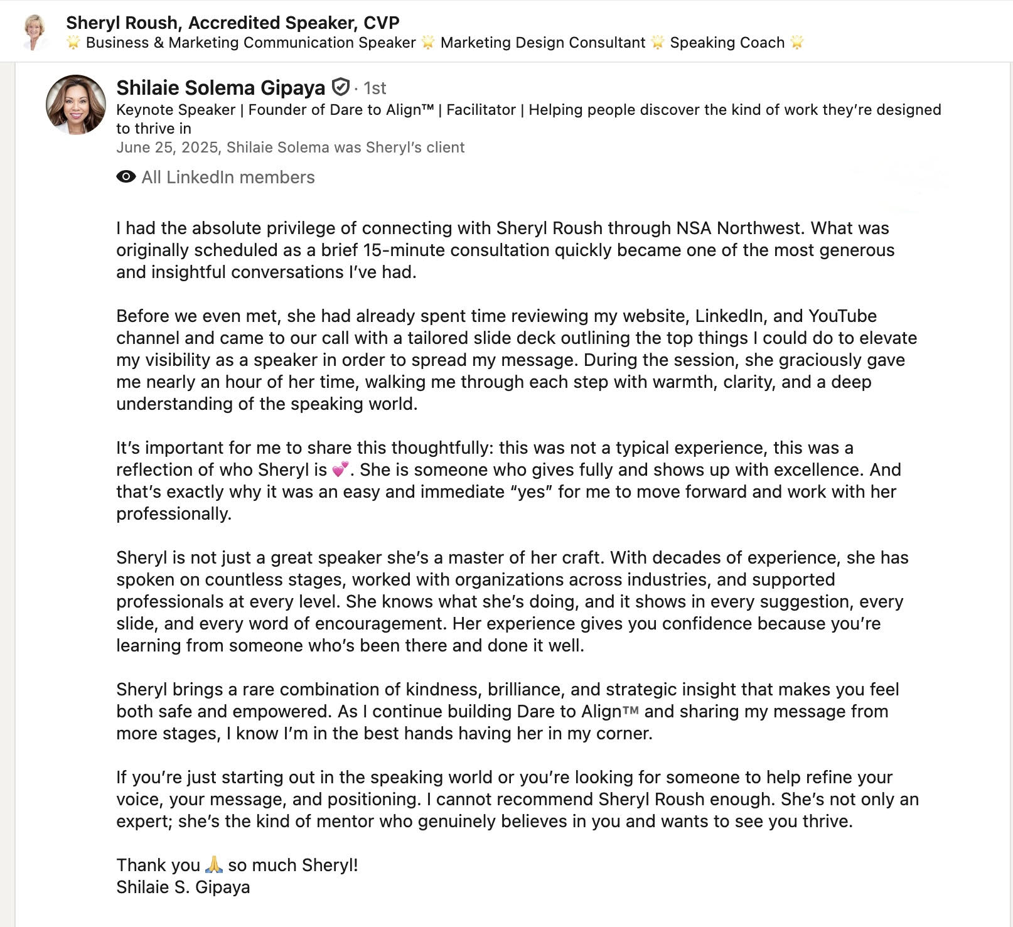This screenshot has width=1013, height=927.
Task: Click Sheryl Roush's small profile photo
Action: click(x=35, y=31)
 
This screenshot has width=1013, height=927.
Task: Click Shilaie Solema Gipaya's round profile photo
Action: click(x=76, y=105)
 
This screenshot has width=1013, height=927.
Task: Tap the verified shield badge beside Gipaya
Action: click(x=340, y=87)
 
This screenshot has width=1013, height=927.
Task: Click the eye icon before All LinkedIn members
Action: click(x=126, y=177)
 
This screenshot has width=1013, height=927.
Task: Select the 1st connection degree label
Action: click(x=375, y=88)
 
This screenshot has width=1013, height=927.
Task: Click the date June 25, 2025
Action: click(x=166, y=147)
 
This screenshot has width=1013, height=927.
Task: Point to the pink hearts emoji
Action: click(x=340, y=469)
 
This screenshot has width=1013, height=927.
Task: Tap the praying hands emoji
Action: click(x=214, y=865)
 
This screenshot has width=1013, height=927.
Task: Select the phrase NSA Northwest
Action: click(x=741, y=228)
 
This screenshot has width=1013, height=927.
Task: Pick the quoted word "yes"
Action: click(x=531, y=491)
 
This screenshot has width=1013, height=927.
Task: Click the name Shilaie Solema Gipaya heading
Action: click(x=221, y=88)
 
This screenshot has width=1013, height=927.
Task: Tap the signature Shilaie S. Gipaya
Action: click(x=183, y=887)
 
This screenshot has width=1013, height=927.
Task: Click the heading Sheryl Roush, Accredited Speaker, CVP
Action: click(x=233, y=23)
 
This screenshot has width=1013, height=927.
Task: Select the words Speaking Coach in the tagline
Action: click(x=727, y=43)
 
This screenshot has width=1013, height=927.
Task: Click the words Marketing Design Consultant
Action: click(x=543, y=43)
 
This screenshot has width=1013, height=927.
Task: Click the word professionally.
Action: click(x=174, y=513)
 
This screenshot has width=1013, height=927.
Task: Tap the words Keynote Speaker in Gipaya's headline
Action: click(x=176, y=110)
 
